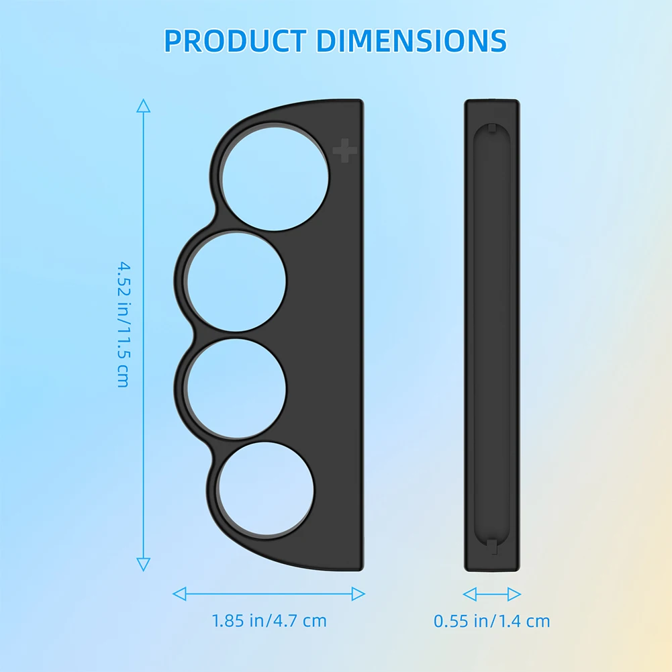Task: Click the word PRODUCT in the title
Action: pyautogui.click(x=236, y=41)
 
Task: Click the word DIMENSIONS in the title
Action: pyautogui.click(x=412, y=41)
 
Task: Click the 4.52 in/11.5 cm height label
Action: pyautogui.click(x=123, y=324)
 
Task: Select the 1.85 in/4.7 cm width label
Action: pyautogui.click(x=269, y=620)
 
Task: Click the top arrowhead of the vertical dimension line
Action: pyautogui.click(x=143, y=105)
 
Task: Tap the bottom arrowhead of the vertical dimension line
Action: pyautogui.click(x=143, y=565)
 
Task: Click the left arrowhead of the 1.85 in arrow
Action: pyautogui.click(x=179, y=593)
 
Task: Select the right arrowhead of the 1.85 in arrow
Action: pyautogui.click(x=358, y=593)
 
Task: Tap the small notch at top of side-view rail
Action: pyautogui.click(x=492, y=128)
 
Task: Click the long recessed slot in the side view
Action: pyautogui.click(x=491, y=336)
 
